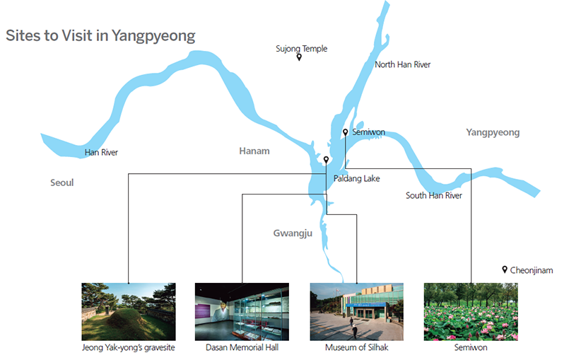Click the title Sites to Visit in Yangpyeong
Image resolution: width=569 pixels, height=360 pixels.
[x=100, y=36]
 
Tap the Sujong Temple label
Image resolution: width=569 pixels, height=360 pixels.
[x=301, y=48]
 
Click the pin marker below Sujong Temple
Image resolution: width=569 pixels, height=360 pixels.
[x=299, y=57]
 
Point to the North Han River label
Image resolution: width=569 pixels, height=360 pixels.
[x=402, y=64]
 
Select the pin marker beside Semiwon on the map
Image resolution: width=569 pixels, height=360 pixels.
[x=346, y=132]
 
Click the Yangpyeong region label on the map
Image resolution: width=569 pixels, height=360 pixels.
[x=493, y=132]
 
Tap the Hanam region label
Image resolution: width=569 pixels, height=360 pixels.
[x=254, y=151]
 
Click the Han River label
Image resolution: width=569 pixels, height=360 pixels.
[x=101, y=152]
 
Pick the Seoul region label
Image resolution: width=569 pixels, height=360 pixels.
[x=62, y=182]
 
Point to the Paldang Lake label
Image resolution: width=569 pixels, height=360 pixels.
[x=357, y=178]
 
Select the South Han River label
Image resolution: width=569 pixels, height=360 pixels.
[x=434, y=195]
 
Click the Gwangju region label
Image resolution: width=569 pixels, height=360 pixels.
[x=293, y=233]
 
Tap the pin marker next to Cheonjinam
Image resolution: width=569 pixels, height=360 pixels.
[x=505, y=269]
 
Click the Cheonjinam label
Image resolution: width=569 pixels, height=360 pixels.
[x=532, y=270]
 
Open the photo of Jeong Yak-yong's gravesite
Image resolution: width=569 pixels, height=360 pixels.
[x=129, y=312]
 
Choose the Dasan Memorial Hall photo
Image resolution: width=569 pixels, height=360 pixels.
[x=242, y=312]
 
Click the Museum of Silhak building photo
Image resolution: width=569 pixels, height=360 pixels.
[x=357, y=312]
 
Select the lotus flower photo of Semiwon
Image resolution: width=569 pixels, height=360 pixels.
[x=471, y=312]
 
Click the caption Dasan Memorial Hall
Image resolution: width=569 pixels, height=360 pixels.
[x=242, y=347]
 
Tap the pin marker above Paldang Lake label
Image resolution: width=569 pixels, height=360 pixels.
[x=327, y=160]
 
